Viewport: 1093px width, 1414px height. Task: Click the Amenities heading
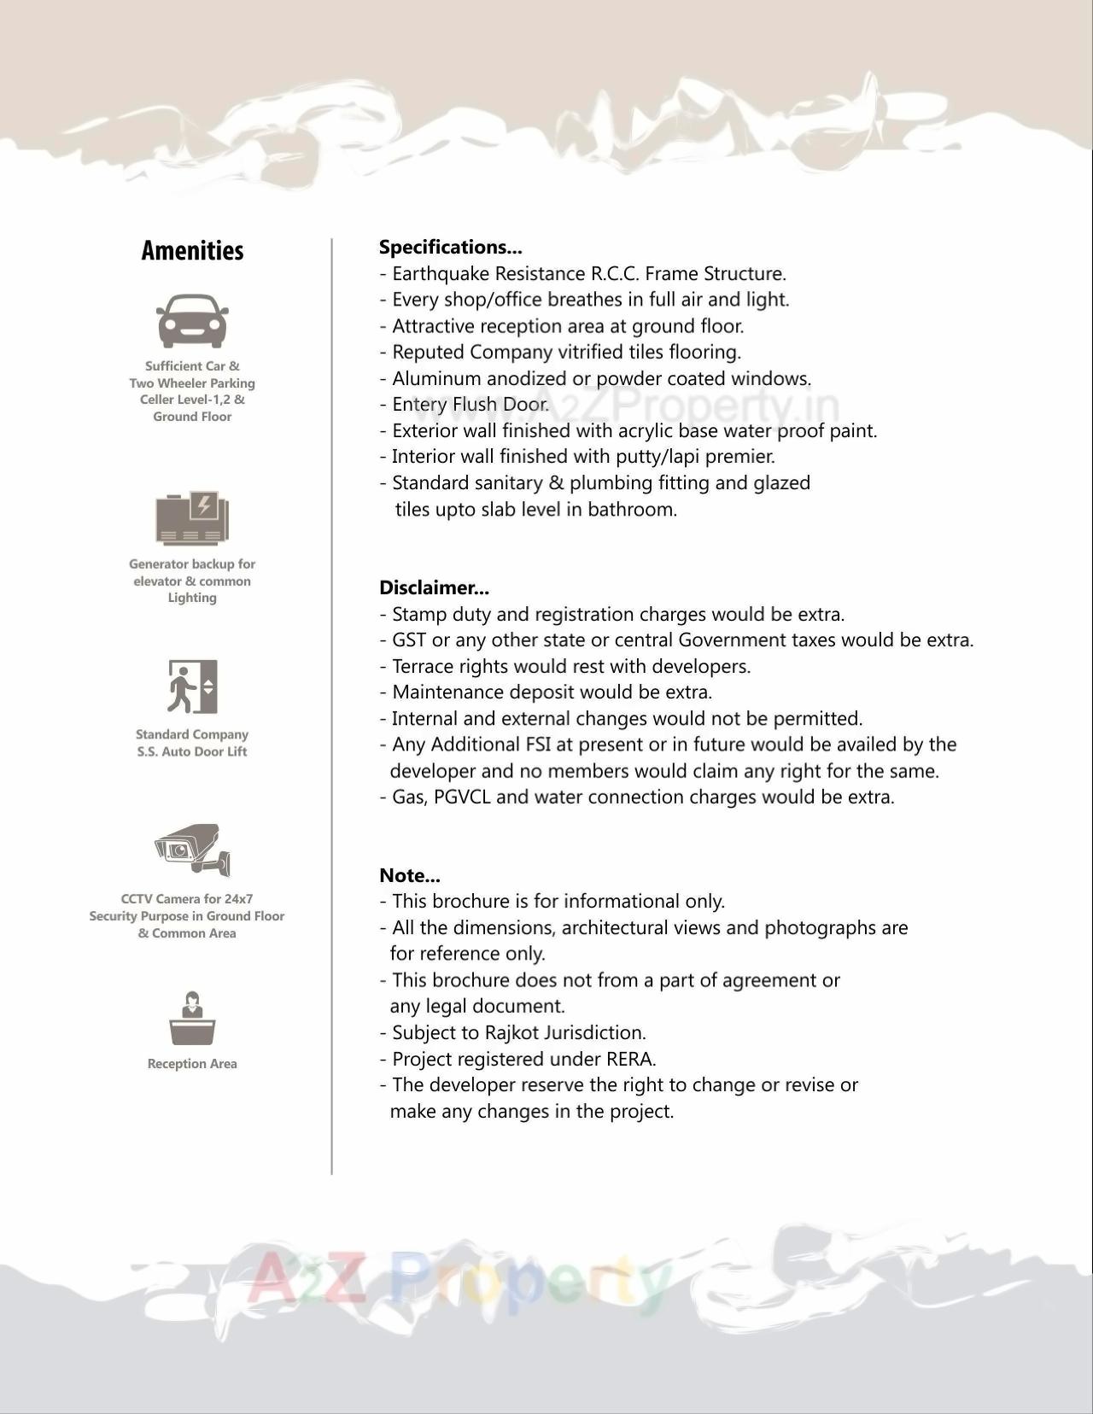click(192, 251)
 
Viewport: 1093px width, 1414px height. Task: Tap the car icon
click(192, 322)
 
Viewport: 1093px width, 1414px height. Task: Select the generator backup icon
click(192, 518)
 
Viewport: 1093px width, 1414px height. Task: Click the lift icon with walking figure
click(192, 687)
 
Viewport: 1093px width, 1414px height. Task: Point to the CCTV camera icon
click(193, 849)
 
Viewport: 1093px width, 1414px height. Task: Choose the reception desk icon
click(192, 1019)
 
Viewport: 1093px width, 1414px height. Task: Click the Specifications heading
click(450, 248)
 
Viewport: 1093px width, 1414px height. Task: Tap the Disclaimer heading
click(434, 587)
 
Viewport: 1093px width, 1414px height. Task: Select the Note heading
click(409, 875)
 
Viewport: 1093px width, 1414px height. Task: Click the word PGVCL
click(462, 798)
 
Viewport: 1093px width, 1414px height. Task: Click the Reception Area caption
click(192, 1064)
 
